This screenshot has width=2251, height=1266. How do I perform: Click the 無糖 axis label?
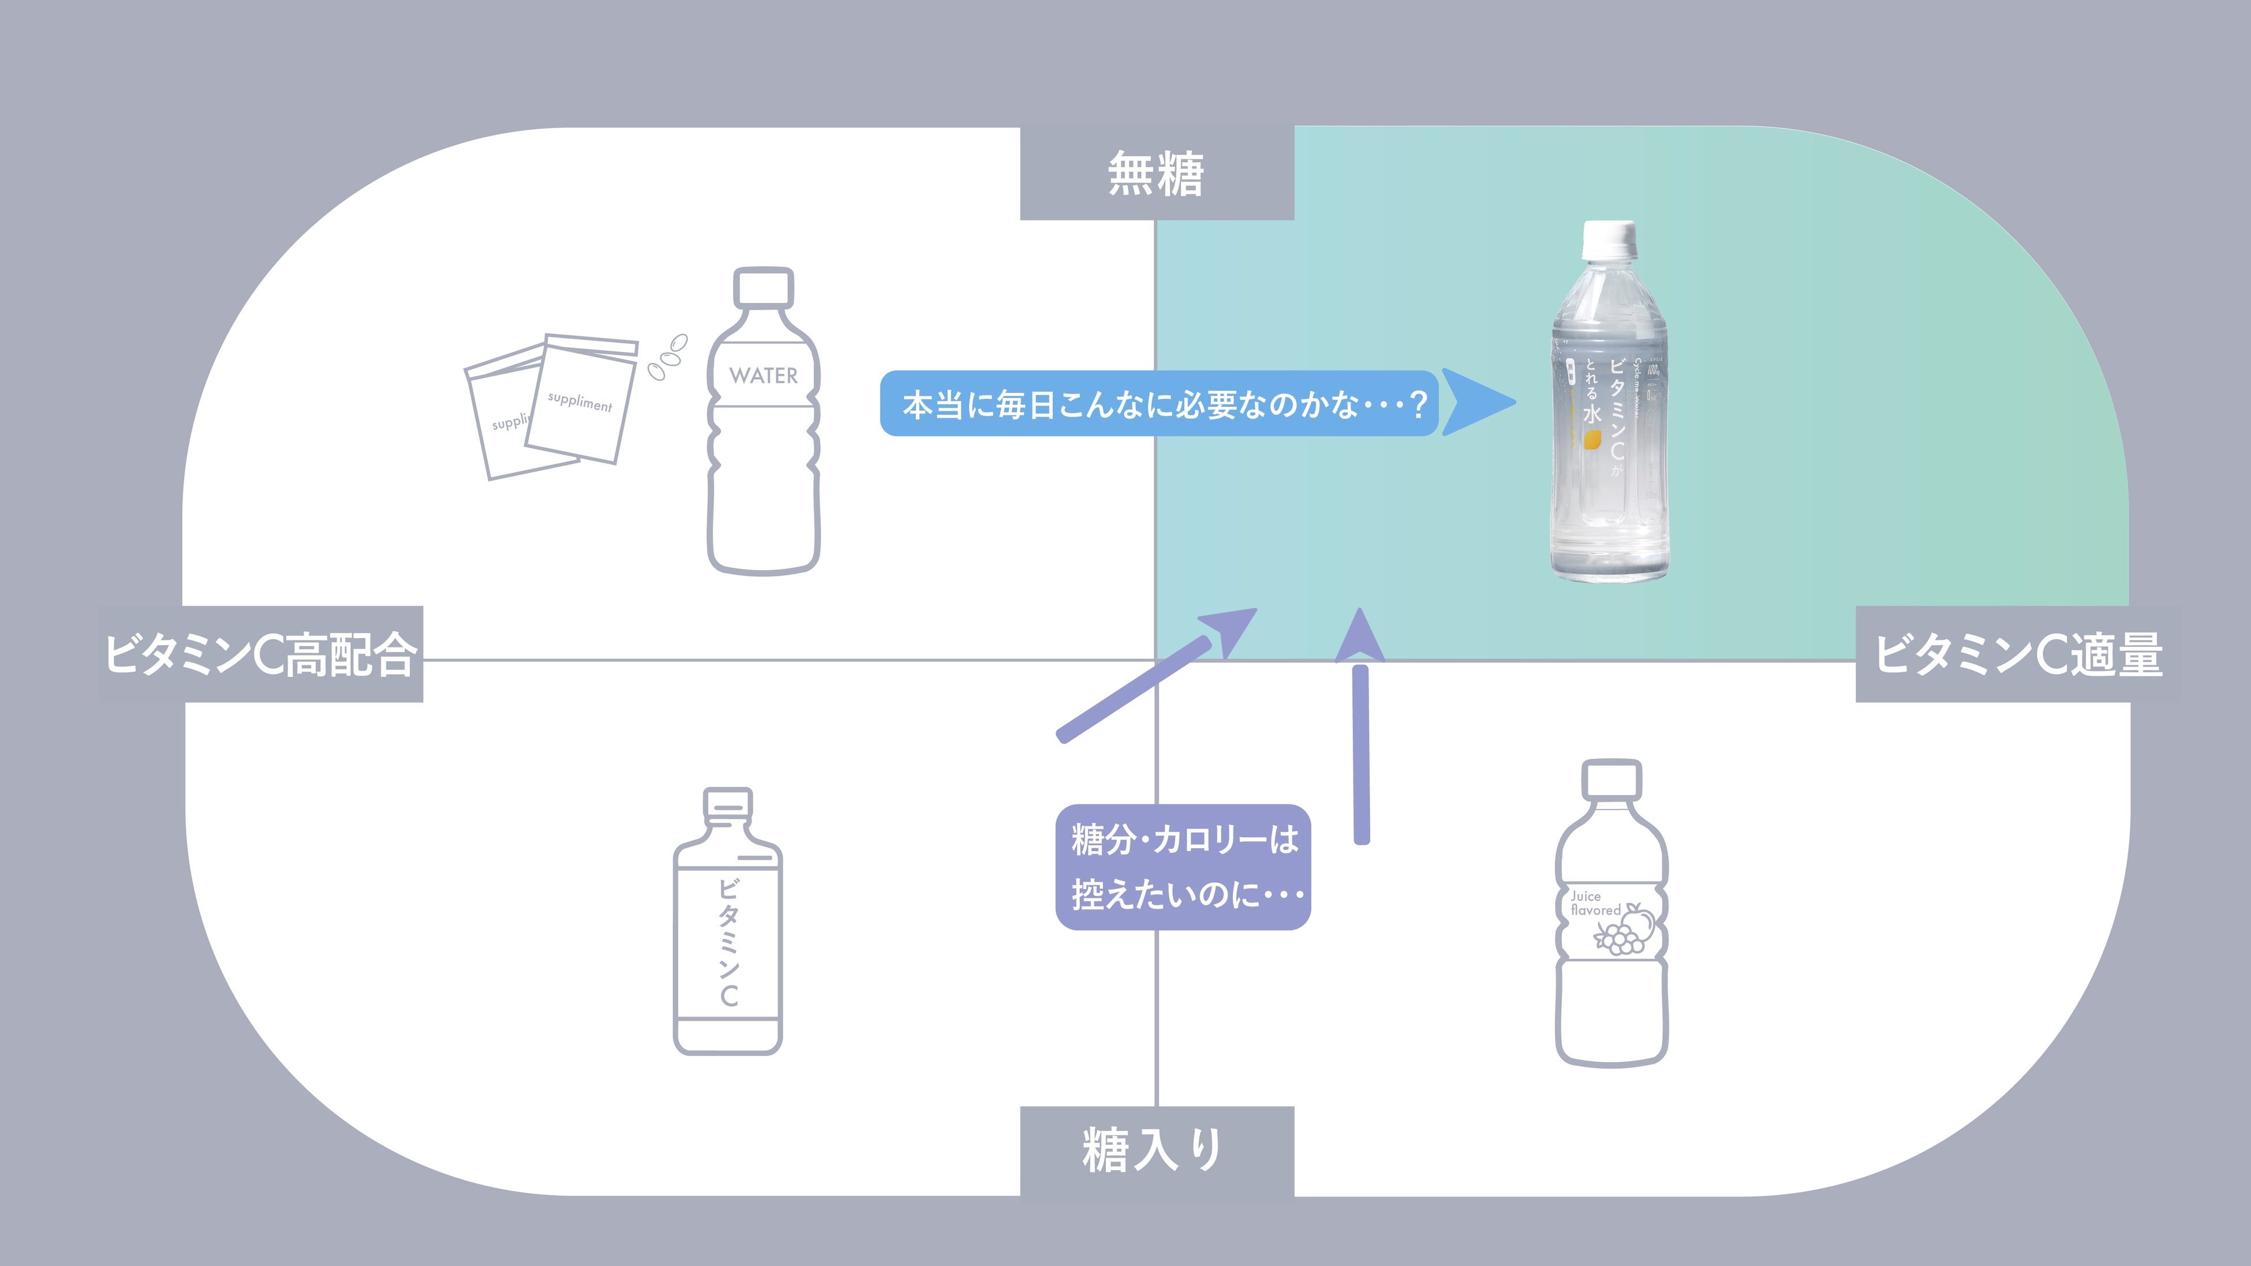pos(1156,174)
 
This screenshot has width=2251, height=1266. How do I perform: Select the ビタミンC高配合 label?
pos(260,654)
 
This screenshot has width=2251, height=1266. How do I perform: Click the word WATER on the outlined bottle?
pos(764,376)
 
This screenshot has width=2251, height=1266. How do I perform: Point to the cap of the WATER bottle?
pos(764,287)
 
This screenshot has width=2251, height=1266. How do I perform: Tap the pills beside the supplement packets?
pos(668,357)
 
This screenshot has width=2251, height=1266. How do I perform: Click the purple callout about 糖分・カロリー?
pos(1183,867)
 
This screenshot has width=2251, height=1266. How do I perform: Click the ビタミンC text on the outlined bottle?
pos(728,942)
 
